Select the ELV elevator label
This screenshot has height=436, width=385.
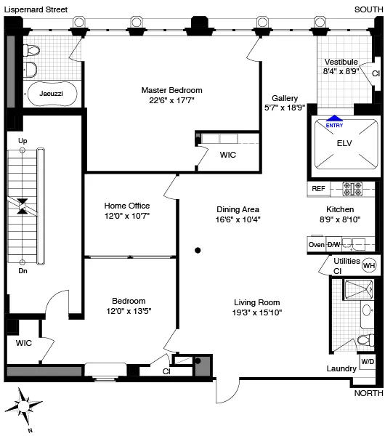point(344,143)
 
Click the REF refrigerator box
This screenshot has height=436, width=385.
point(318,188)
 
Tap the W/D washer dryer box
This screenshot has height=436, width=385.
point(368,361)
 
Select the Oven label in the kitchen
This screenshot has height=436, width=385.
point(317,245)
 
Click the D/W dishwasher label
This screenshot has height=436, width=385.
point(333,245)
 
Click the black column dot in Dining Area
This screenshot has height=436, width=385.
point(198,251)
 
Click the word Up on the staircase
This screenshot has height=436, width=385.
point(23,140)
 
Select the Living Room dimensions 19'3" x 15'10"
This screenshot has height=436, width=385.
point(256,312)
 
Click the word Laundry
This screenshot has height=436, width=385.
point(341,368)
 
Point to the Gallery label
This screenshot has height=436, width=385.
point(285,97)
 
